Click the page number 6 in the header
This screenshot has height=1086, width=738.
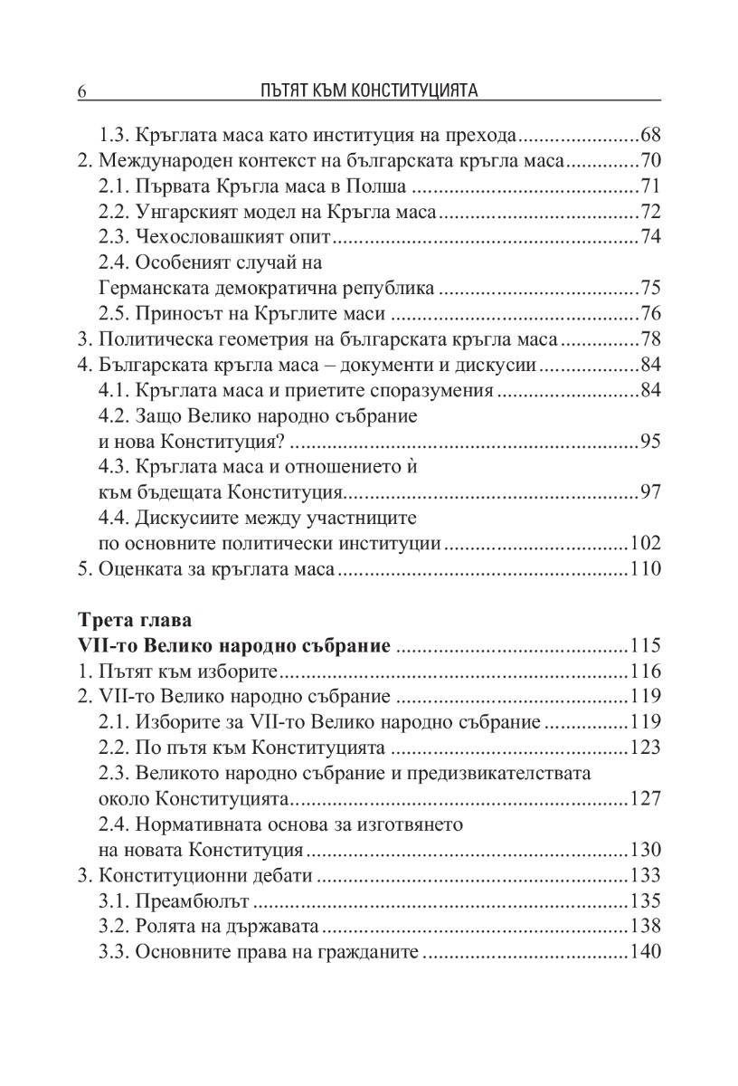pyautogui.click(x=82, y=91)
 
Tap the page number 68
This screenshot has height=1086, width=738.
pyautogui.click(x=650, y=137)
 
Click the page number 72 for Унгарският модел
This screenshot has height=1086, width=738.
pyautogui.click(x=650, y=213)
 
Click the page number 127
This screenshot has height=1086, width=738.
pyautogui.click(x=646, y=799)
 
